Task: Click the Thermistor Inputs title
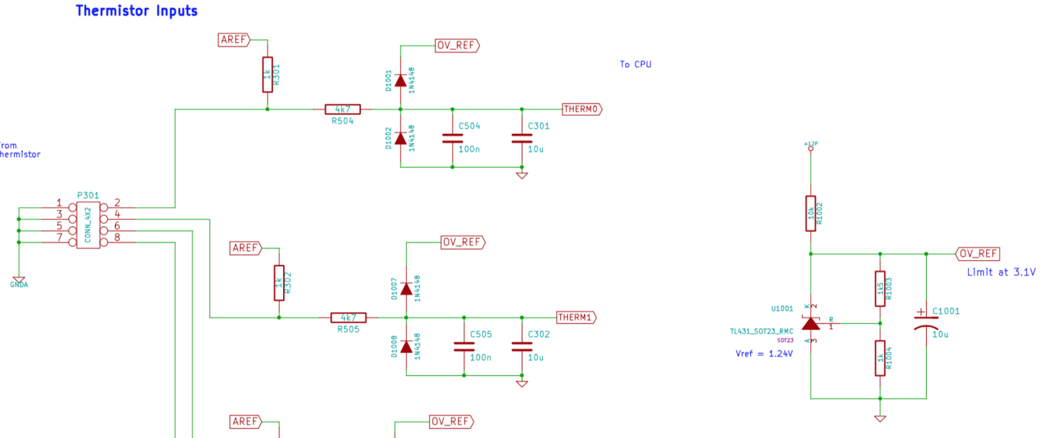tap(136, 11)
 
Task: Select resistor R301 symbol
tap(267, 75)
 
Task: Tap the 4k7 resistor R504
tap(342, 109)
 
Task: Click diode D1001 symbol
tap(400, 81)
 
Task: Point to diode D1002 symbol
tap(400, 138)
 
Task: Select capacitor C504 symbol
tap(452, 138)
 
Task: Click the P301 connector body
tap(88, 225)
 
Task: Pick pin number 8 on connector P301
tap(117, 237)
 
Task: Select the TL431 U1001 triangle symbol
tap(811, 324)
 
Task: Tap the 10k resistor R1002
tap(810, 214)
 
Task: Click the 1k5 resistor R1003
tap(880, 289)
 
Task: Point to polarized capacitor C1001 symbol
tap(926, 321)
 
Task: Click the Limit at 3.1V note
tap(1001, 272)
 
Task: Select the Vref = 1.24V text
tap(764, 354)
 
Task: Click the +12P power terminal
tap(810, 148)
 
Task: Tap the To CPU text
tap(636, 65)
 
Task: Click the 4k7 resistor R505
tap(348, 318)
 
